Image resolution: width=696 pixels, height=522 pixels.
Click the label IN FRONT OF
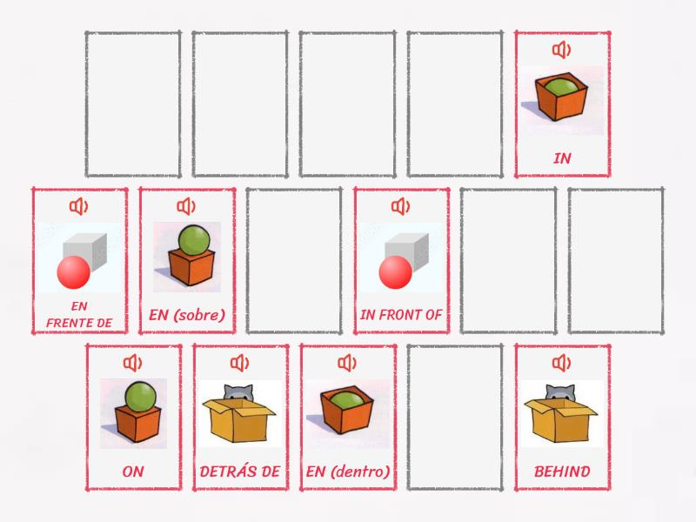[401, 315]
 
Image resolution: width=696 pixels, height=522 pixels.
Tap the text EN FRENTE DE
[79, 315]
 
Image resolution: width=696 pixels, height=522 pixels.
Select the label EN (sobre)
[187, 315]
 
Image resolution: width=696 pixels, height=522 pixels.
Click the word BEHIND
[561, 472]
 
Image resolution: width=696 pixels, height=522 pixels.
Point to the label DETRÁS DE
[240, 472]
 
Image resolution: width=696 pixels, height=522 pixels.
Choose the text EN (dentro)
[348, 472]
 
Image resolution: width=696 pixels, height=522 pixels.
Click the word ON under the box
[133, 472]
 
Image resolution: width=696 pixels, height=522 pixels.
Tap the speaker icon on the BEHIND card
[561, 363]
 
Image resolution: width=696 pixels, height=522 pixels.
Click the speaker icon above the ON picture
[132, 363]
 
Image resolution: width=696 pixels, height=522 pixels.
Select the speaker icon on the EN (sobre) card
[186, 206]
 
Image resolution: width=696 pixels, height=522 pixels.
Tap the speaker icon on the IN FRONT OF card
[400, 206]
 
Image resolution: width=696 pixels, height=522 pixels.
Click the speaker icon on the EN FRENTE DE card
[79, 206]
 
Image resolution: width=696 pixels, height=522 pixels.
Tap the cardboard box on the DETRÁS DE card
[240, 421]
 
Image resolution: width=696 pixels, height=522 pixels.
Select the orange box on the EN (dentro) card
[347, 415]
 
